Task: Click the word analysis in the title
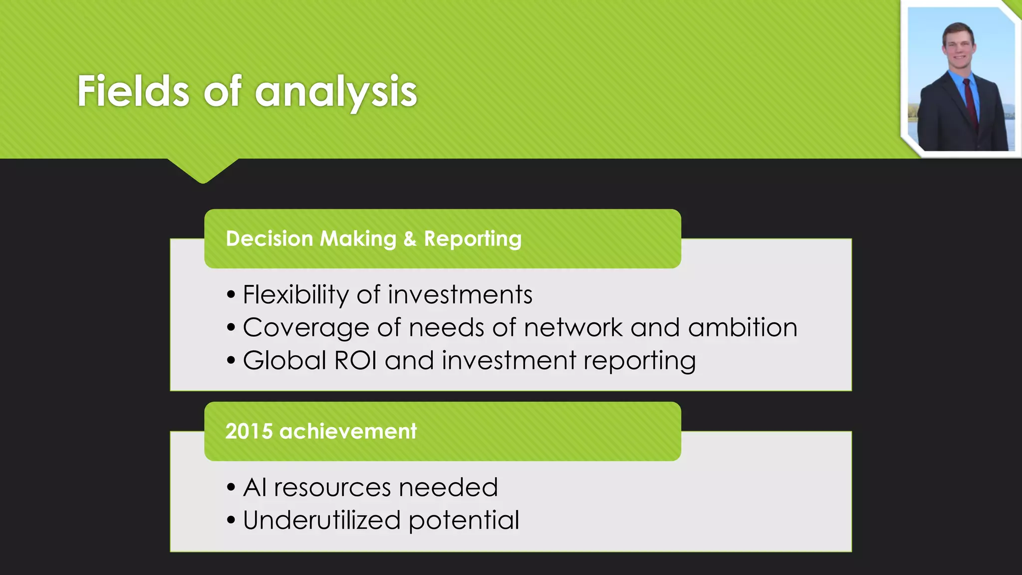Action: pyautogui.click(x=336, y=92)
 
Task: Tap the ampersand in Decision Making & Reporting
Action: pyautogui.click(x=410, y=239)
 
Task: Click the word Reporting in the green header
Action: pyautogui.click(x=473, y=239)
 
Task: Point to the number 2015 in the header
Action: pyautogui.click(x=249, y=431)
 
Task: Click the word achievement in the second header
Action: pyautogui.click(x=348, y=431)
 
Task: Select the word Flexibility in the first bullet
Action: pyautogui.click(x=295, y=294)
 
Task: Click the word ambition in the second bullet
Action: pyautogui.click(x=743, y=328)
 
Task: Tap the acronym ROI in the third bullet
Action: pyautogui.click(x=355, y=360)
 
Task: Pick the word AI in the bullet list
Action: pyautogui.click(x=255, y=487)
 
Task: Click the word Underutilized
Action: pyautogui.click(x=322, y=520)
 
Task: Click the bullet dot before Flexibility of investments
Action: pyautogui.click(x=231, y=295)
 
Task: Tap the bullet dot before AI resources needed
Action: pyautogui.click(x=231, y=488)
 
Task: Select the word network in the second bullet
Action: pyautogui.click(x=573, y=328)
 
